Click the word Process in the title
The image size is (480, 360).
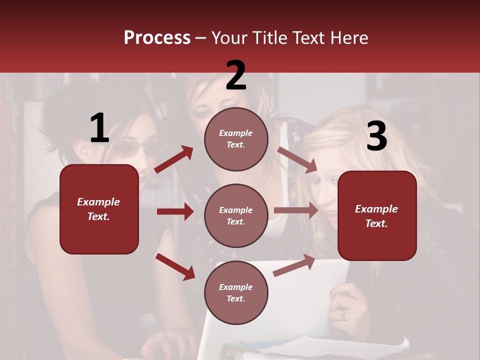click(157, 38)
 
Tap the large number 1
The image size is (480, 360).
click(99, 128)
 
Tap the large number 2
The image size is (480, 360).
click(236, 75)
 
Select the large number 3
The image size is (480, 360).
click(376, 136)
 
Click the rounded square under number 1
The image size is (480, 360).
click(99, 209)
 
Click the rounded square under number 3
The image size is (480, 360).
click(377, 215)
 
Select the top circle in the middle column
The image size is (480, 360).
click(236, 139)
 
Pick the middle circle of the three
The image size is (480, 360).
click(236, 215)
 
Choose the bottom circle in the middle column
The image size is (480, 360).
click(236, 292)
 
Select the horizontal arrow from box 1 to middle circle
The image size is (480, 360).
click(175, 211)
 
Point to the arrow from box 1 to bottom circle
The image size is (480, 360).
click(175, 266)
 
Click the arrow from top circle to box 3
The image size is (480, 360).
click(297, 159)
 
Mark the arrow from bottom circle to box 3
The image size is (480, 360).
click(294, 265)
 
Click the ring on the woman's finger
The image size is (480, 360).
click(342, 314)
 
